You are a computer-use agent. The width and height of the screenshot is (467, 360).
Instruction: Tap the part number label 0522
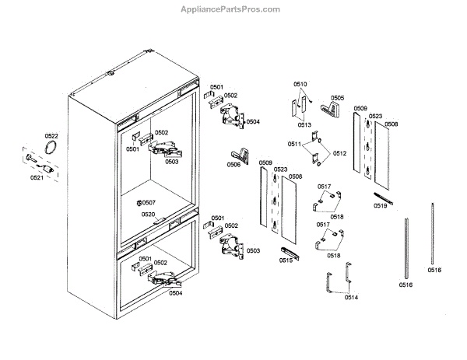pos(51,136)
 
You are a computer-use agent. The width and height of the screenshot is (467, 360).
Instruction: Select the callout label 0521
pos(37,178)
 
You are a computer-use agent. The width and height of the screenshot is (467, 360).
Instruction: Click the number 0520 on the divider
pos(148,214)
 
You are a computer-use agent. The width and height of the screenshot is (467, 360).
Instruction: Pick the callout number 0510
pos(300,83)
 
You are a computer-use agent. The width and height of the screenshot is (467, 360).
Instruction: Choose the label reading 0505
pos(337,99)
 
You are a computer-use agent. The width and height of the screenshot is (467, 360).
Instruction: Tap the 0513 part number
pos(304,124)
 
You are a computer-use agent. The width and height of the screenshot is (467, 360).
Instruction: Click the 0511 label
pos(294,145)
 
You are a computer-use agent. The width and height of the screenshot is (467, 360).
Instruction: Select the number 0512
pos(339,153)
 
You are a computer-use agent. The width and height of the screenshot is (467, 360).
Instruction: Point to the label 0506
pos(233,165)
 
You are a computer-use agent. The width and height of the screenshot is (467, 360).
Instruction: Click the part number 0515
pos(286,260)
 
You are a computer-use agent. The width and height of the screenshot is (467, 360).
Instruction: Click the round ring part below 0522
pos(52,149)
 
